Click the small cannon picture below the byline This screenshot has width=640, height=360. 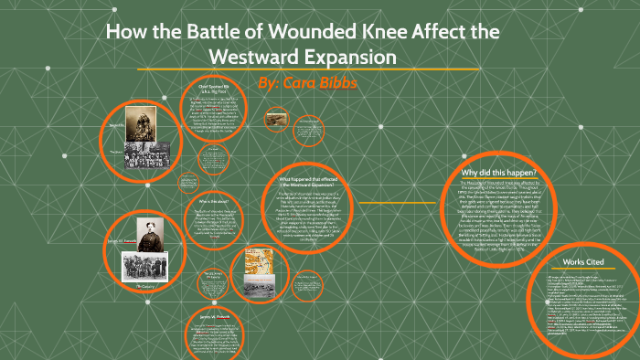click(x=275, y=118)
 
